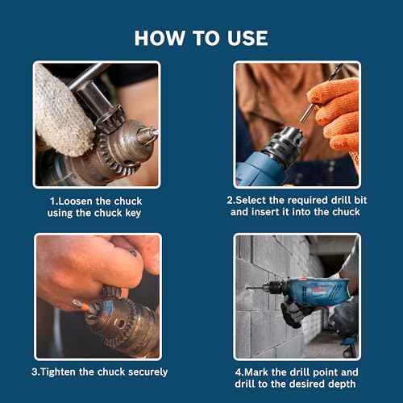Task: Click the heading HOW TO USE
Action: (x=201, y=38)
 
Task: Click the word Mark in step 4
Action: (x=263, y=372)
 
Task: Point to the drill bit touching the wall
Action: (x=256, y=288)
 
